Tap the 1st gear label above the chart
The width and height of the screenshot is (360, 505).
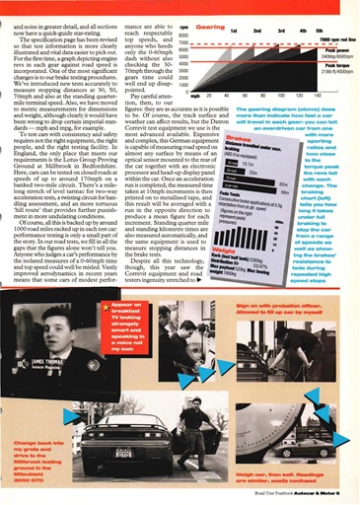232,31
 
